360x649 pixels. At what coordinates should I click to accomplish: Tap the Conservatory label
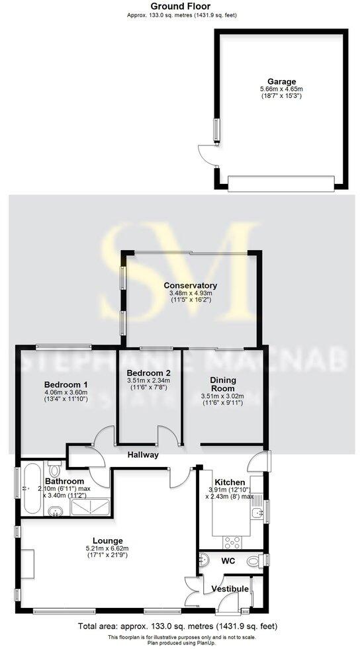[191, 286]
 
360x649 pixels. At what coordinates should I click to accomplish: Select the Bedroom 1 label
[66, 384]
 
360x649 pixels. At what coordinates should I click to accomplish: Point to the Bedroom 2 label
[148, 372]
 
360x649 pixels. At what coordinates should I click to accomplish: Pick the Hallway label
[144, 455]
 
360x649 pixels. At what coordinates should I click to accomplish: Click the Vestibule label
[230, 589]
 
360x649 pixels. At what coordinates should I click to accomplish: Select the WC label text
[229, 560]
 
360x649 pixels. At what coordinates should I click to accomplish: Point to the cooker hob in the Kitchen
[234, 542]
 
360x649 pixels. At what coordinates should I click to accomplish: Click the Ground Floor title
[180, 6]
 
